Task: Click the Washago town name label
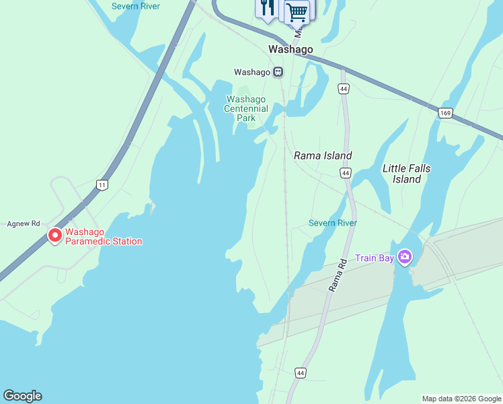tap(291, 49)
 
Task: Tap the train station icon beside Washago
tap(278, 72)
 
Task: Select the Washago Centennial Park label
tap(246, 108)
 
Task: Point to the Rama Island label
tap(323, 156)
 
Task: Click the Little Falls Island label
tap(406, 174)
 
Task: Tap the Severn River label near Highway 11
tap(135, 6)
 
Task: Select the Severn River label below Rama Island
tap(332, 223)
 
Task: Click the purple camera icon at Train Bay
tap(405, 257)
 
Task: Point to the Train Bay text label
tap(375, 257)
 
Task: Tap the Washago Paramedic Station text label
tap(103, 236)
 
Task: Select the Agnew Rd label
tap(24, 224)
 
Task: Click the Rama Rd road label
tap(336, 274)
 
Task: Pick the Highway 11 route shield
tap(102, 184)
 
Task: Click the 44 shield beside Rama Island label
tap(345, 173)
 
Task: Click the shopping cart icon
tap(297, 11)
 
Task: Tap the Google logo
tap(22, 396)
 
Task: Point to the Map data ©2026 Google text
tap(461, 399)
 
